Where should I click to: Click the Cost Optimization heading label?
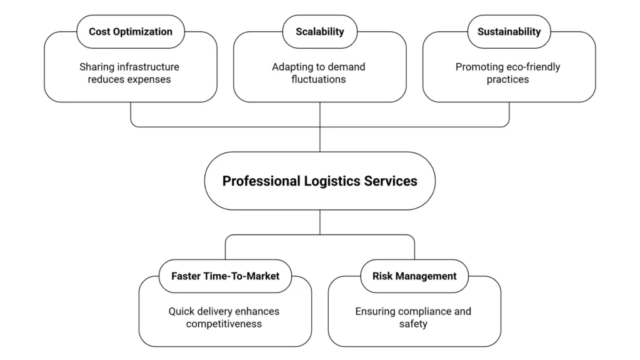130,32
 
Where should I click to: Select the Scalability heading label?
319,32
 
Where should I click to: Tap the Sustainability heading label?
509,32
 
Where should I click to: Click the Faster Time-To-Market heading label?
225,276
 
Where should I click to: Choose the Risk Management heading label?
414,276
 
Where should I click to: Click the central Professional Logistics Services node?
319,181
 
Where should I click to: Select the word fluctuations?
319,79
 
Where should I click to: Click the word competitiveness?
224,324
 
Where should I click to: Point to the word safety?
414,324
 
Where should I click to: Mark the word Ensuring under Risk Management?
376,311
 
